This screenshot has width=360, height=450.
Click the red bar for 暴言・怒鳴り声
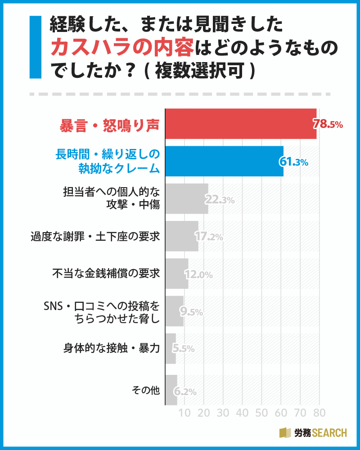[241, 124]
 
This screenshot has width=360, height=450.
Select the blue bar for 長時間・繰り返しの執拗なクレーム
[224, 161]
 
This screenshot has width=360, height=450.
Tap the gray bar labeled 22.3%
[187, 198]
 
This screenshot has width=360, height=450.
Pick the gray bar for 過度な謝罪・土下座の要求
[182, 236]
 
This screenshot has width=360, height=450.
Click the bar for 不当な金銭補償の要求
[177, 273]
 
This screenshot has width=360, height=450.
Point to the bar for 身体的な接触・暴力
[171, 348]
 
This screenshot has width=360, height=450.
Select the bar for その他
[171, 390]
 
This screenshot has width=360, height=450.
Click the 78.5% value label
[328, 124]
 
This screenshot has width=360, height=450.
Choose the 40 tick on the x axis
[242, 413]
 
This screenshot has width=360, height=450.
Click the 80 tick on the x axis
[319, 413]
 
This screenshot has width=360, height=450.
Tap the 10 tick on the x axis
[184, 413]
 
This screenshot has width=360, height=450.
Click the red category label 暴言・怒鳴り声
[110, 125]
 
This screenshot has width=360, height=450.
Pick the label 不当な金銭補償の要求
[106, 273]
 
